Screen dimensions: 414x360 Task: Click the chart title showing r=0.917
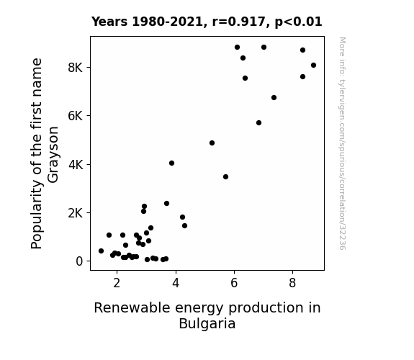coord(207,22)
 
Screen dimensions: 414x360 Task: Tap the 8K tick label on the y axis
coord(76,68)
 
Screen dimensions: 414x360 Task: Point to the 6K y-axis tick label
coord(76,116)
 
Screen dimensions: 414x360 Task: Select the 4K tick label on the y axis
coord(76,165)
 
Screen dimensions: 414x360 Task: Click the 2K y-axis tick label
coord(76,213)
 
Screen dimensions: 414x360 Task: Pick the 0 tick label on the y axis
coord(79,261)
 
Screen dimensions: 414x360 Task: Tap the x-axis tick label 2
coord(117,283)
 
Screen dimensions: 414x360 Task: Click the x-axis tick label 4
coord(176,283)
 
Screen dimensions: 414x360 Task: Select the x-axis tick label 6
coord(234,283)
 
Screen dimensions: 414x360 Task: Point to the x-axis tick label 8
coord(292,283)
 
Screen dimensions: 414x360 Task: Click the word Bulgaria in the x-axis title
coord(207,324)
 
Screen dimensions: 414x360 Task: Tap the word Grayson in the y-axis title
coord(53,155)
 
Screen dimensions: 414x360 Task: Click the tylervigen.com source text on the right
coord(342,143)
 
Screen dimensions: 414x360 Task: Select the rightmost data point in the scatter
coord(313,66)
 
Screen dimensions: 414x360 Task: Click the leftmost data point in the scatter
coord(101,251)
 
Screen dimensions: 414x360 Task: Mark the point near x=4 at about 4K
coord(171,163)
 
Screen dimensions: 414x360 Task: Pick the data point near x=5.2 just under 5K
coord(212,143)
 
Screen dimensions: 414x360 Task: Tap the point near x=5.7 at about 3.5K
coord(226,176)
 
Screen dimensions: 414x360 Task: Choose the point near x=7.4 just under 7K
coord(274,98)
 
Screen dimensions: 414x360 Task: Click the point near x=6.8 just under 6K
coord(258,123)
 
